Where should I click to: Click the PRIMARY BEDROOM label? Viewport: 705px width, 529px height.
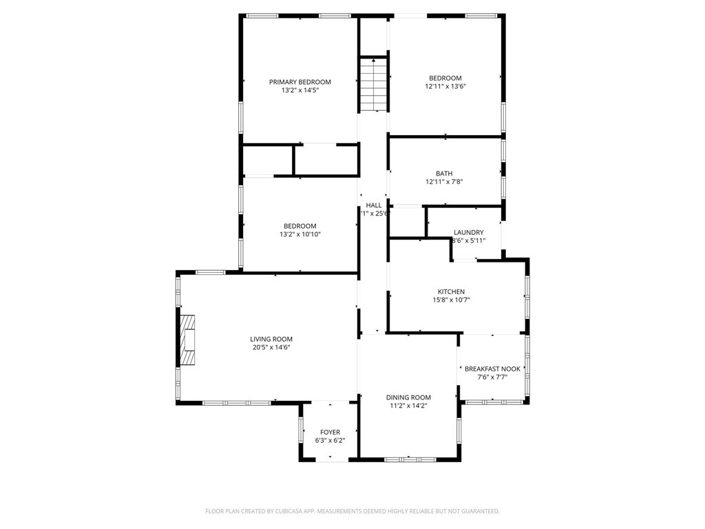[x=299, y=81]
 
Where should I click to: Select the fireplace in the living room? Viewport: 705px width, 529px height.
[x=187, y=340]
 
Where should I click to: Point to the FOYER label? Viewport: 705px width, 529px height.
[x=330, y=432]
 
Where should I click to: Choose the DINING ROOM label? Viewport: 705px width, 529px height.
[x=408, y=397]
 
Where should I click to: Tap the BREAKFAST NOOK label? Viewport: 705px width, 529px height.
[x=492, y=369]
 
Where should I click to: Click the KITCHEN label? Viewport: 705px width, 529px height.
[x=451, y=291]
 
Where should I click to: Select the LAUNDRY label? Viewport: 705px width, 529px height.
[x=468, y=232]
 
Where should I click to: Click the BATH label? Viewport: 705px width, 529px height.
[x=444, y=174]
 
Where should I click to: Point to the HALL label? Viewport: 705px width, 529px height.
[x=374, y=205]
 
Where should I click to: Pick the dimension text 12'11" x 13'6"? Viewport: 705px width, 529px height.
[x=445, y=87]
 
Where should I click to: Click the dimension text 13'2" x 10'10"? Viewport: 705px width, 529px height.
[x=299, y=234]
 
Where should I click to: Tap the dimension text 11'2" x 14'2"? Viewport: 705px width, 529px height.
[x=408, y=406]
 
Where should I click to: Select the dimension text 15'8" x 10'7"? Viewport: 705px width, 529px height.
[x=451, y=300]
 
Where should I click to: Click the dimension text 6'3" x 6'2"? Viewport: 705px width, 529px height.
[x=330, y=440]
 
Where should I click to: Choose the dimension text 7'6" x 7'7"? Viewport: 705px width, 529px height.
[x=492, y=377]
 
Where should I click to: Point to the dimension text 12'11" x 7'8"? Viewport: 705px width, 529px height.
[x=444, y=182]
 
